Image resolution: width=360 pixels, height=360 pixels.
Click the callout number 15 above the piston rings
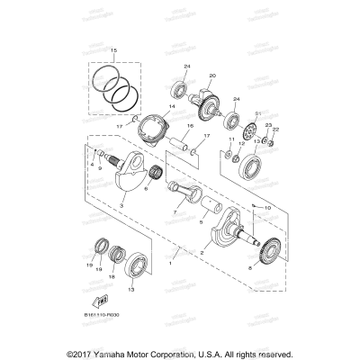(113, 50)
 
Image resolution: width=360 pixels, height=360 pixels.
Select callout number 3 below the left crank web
(121, 205)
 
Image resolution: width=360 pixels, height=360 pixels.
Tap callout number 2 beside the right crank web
(213, 255)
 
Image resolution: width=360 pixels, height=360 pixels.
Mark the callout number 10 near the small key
(241, 206)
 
